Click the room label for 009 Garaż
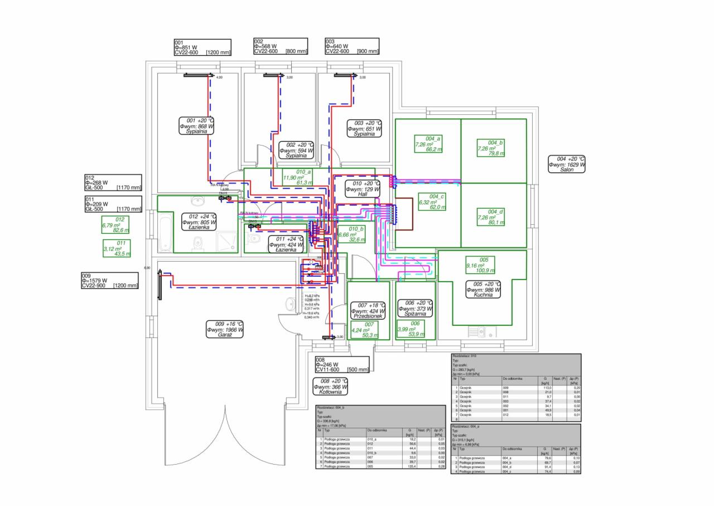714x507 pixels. pos(225,329)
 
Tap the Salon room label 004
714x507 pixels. pos(567,164)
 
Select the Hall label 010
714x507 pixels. pos(363,189)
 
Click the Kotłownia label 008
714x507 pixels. pos(330,387)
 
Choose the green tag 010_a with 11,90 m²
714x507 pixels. pos(297,177)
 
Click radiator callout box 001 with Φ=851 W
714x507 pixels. pos(202,47)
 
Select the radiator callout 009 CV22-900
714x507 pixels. pos(110,281)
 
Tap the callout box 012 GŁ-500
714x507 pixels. pos(113,182)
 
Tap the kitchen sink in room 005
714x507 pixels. pos(478,332)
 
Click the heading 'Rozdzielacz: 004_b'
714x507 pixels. pos(331,408)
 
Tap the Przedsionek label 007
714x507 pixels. pos(368,311)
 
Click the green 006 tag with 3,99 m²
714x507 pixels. pos(415,329)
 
